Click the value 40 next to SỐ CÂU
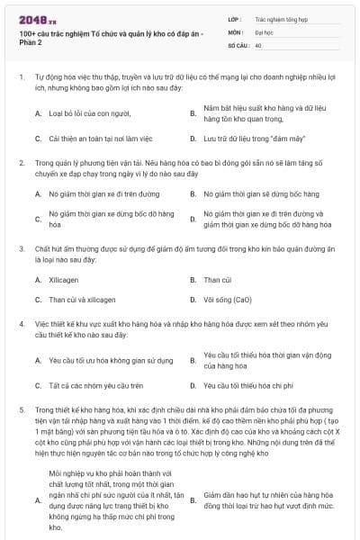click(258, 44)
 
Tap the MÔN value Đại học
click(265, 31)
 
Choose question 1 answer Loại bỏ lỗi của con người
click(89, 113)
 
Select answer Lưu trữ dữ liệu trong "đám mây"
click(247, 139)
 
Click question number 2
click(21, 163)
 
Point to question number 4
click(21, 322)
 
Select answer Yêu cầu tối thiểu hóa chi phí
click(253, 385)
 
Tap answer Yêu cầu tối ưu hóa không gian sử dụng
click(110, 360)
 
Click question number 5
click(21, 409)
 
